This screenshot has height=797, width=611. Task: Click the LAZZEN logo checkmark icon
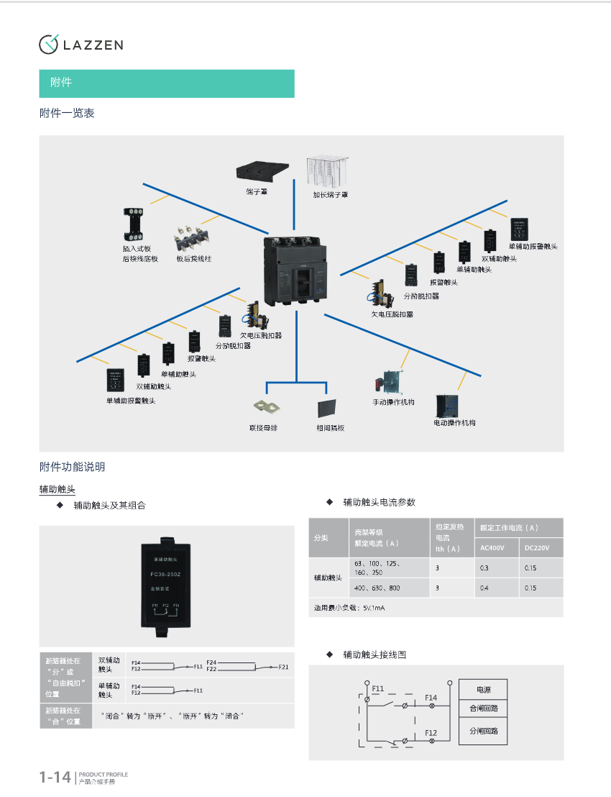coord(48,44)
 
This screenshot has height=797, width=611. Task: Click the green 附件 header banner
coord(167,83)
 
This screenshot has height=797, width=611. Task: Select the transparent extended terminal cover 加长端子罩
coord(327,171)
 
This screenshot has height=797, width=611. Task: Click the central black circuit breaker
coord(296,270)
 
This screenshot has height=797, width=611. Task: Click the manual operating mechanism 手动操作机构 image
coord(389,382)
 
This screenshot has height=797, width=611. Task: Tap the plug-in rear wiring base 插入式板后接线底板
coord(134,222)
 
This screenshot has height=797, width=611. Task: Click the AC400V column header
coord(492,548)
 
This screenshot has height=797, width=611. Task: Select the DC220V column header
coord(537,548)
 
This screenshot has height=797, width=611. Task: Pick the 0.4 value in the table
coord(484,588)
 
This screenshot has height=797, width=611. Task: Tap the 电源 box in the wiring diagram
coord(484,689)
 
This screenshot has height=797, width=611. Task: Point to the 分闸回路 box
coord(484,731)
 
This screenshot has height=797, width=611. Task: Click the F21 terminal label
coord(284,667)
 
